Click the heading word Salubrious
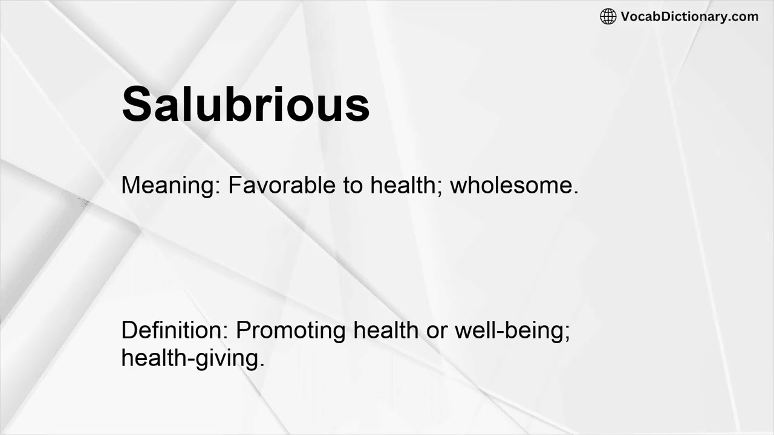[246, 104]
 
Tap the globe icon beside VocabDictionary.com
[608, 16]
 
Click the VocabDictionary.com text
[689, 16]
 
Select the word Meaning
[168, 185]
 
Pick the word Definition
[172, 330]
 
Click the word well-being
[509, 330]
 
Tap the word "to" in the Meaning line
[353, 185]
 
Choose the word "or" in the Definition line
[436, 330]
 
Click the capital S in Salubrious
[136, 104]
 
